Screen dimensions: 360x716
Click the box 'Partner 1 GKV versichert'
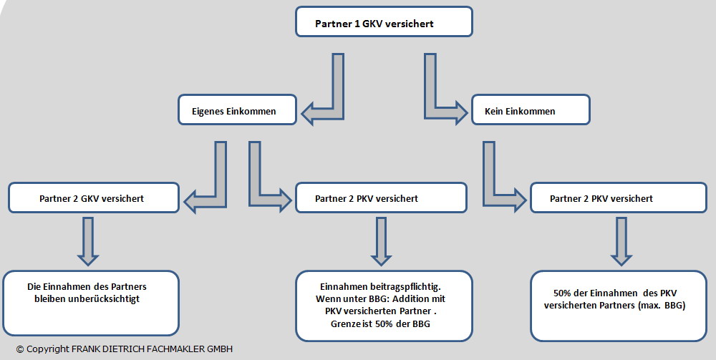(x=384, y=21)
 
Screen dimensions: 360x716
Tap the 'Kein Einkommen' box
(x=530, y=111)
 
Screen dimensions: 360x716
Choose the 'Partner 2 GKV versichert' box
(x=93, y=198)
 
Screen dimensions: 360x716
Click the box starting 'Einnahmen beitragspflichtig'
(x=384, y=305)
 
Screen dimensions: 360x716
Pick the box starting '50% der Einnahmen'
(x=619, y=305)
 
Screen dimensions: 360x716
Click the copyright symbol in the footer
(x=20, y=349)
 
